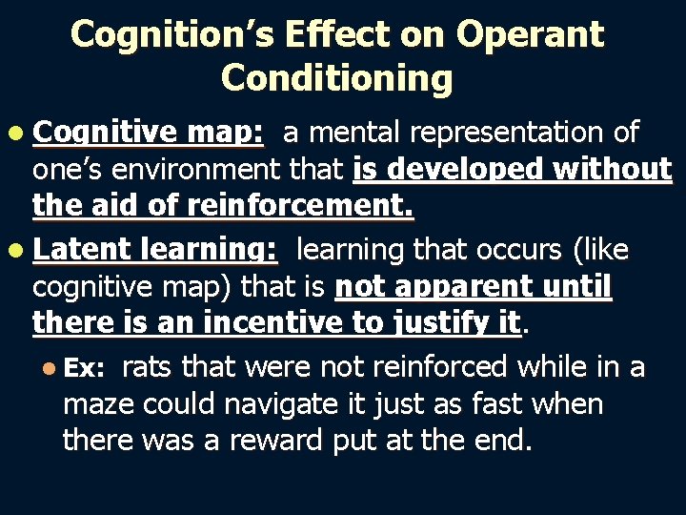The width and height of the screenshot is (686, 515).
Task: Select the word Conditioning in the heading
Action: [336, 78]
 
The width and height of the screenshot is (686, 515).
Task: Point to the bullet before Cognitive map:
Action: [18, 134]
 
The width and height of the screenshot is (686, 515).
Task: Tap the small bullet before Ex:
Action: [50, 369]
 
